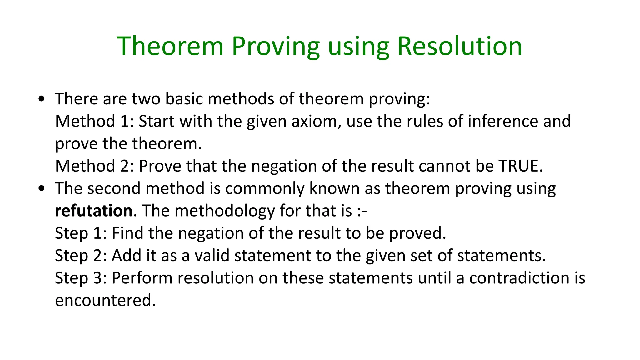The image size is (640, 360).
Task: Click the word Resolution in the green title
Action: point(460,46)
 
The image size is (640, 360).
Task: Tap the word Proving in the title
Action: point(276,46)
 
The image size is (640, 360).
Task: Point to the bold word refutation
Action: point(94,211)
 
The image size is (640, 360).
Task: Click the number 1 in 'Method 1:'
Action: point(125,121)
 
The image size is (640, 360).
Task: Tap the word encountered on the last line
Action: point(105,300)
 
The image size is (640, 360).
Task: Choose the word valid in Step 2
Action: point(212,255)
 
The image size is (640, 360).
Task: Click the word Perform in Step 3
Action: point(142,278)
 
